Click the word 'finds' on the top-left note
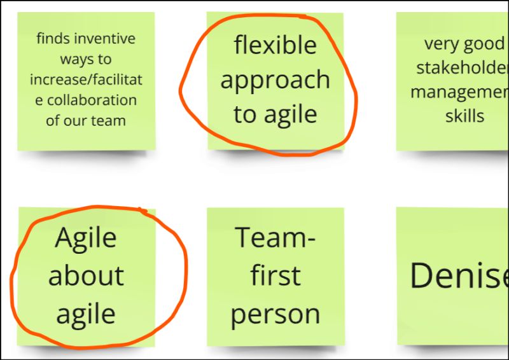pyautogui.click(x=53, y=39)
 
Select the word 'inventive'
pyautogui.click(x=105, y=39)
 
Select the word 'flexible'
pyautogui.click(x=275, y=45)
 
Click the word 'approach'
pyautogui.click(x=275, y=81)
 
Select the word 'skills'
pyautogui.click(x=464, y=116)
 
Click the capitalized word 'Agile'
pyautogui.click(x=86, y=239)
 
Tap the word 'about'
pyautogui.click(x=86, y=276)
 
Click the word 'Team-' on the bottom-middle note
pyautogui.click(x=275, y=238)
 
